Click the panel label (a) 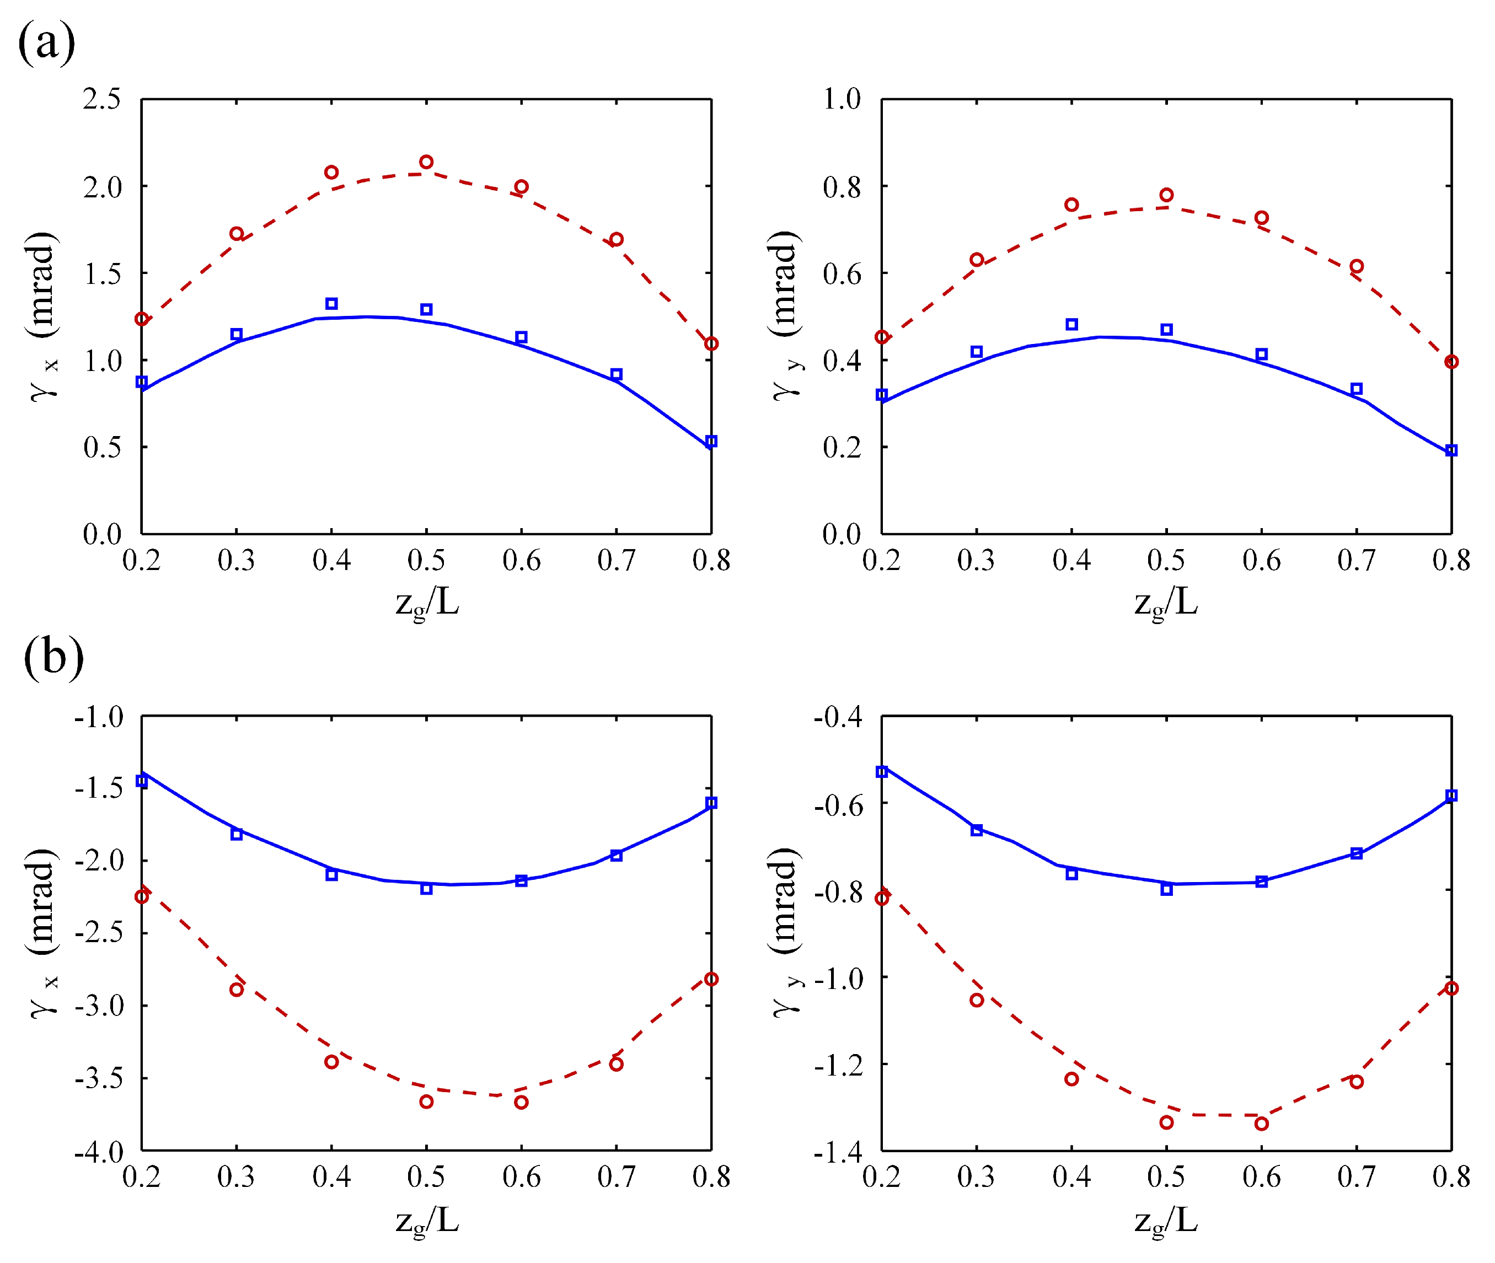click(x=46, y=42)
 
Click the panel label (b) click(x=53, y=657)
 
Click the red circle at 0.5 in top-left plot click(x=426, y=162)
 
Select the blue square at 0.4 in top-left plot click(x=331, y=304)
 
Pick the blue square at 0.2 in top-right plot click(x=882, y=395)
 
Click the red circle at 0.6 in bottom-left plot click(x=522, y=1102)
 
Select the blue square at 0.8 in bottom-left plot click(x=711, y=803)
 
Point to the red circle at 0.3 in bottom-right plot click(x=977, y=999)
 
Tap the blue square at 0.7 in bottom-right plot click(x=1357, y=853)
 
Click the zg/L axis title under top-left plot click(x=427, y=603)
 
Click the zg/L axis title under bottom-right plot click(x=1166, y=1220)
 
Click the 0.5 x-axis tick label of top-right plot click(x=1166, y=560)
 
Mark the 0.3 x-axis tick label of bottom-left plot click(x=237, y=1177)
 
